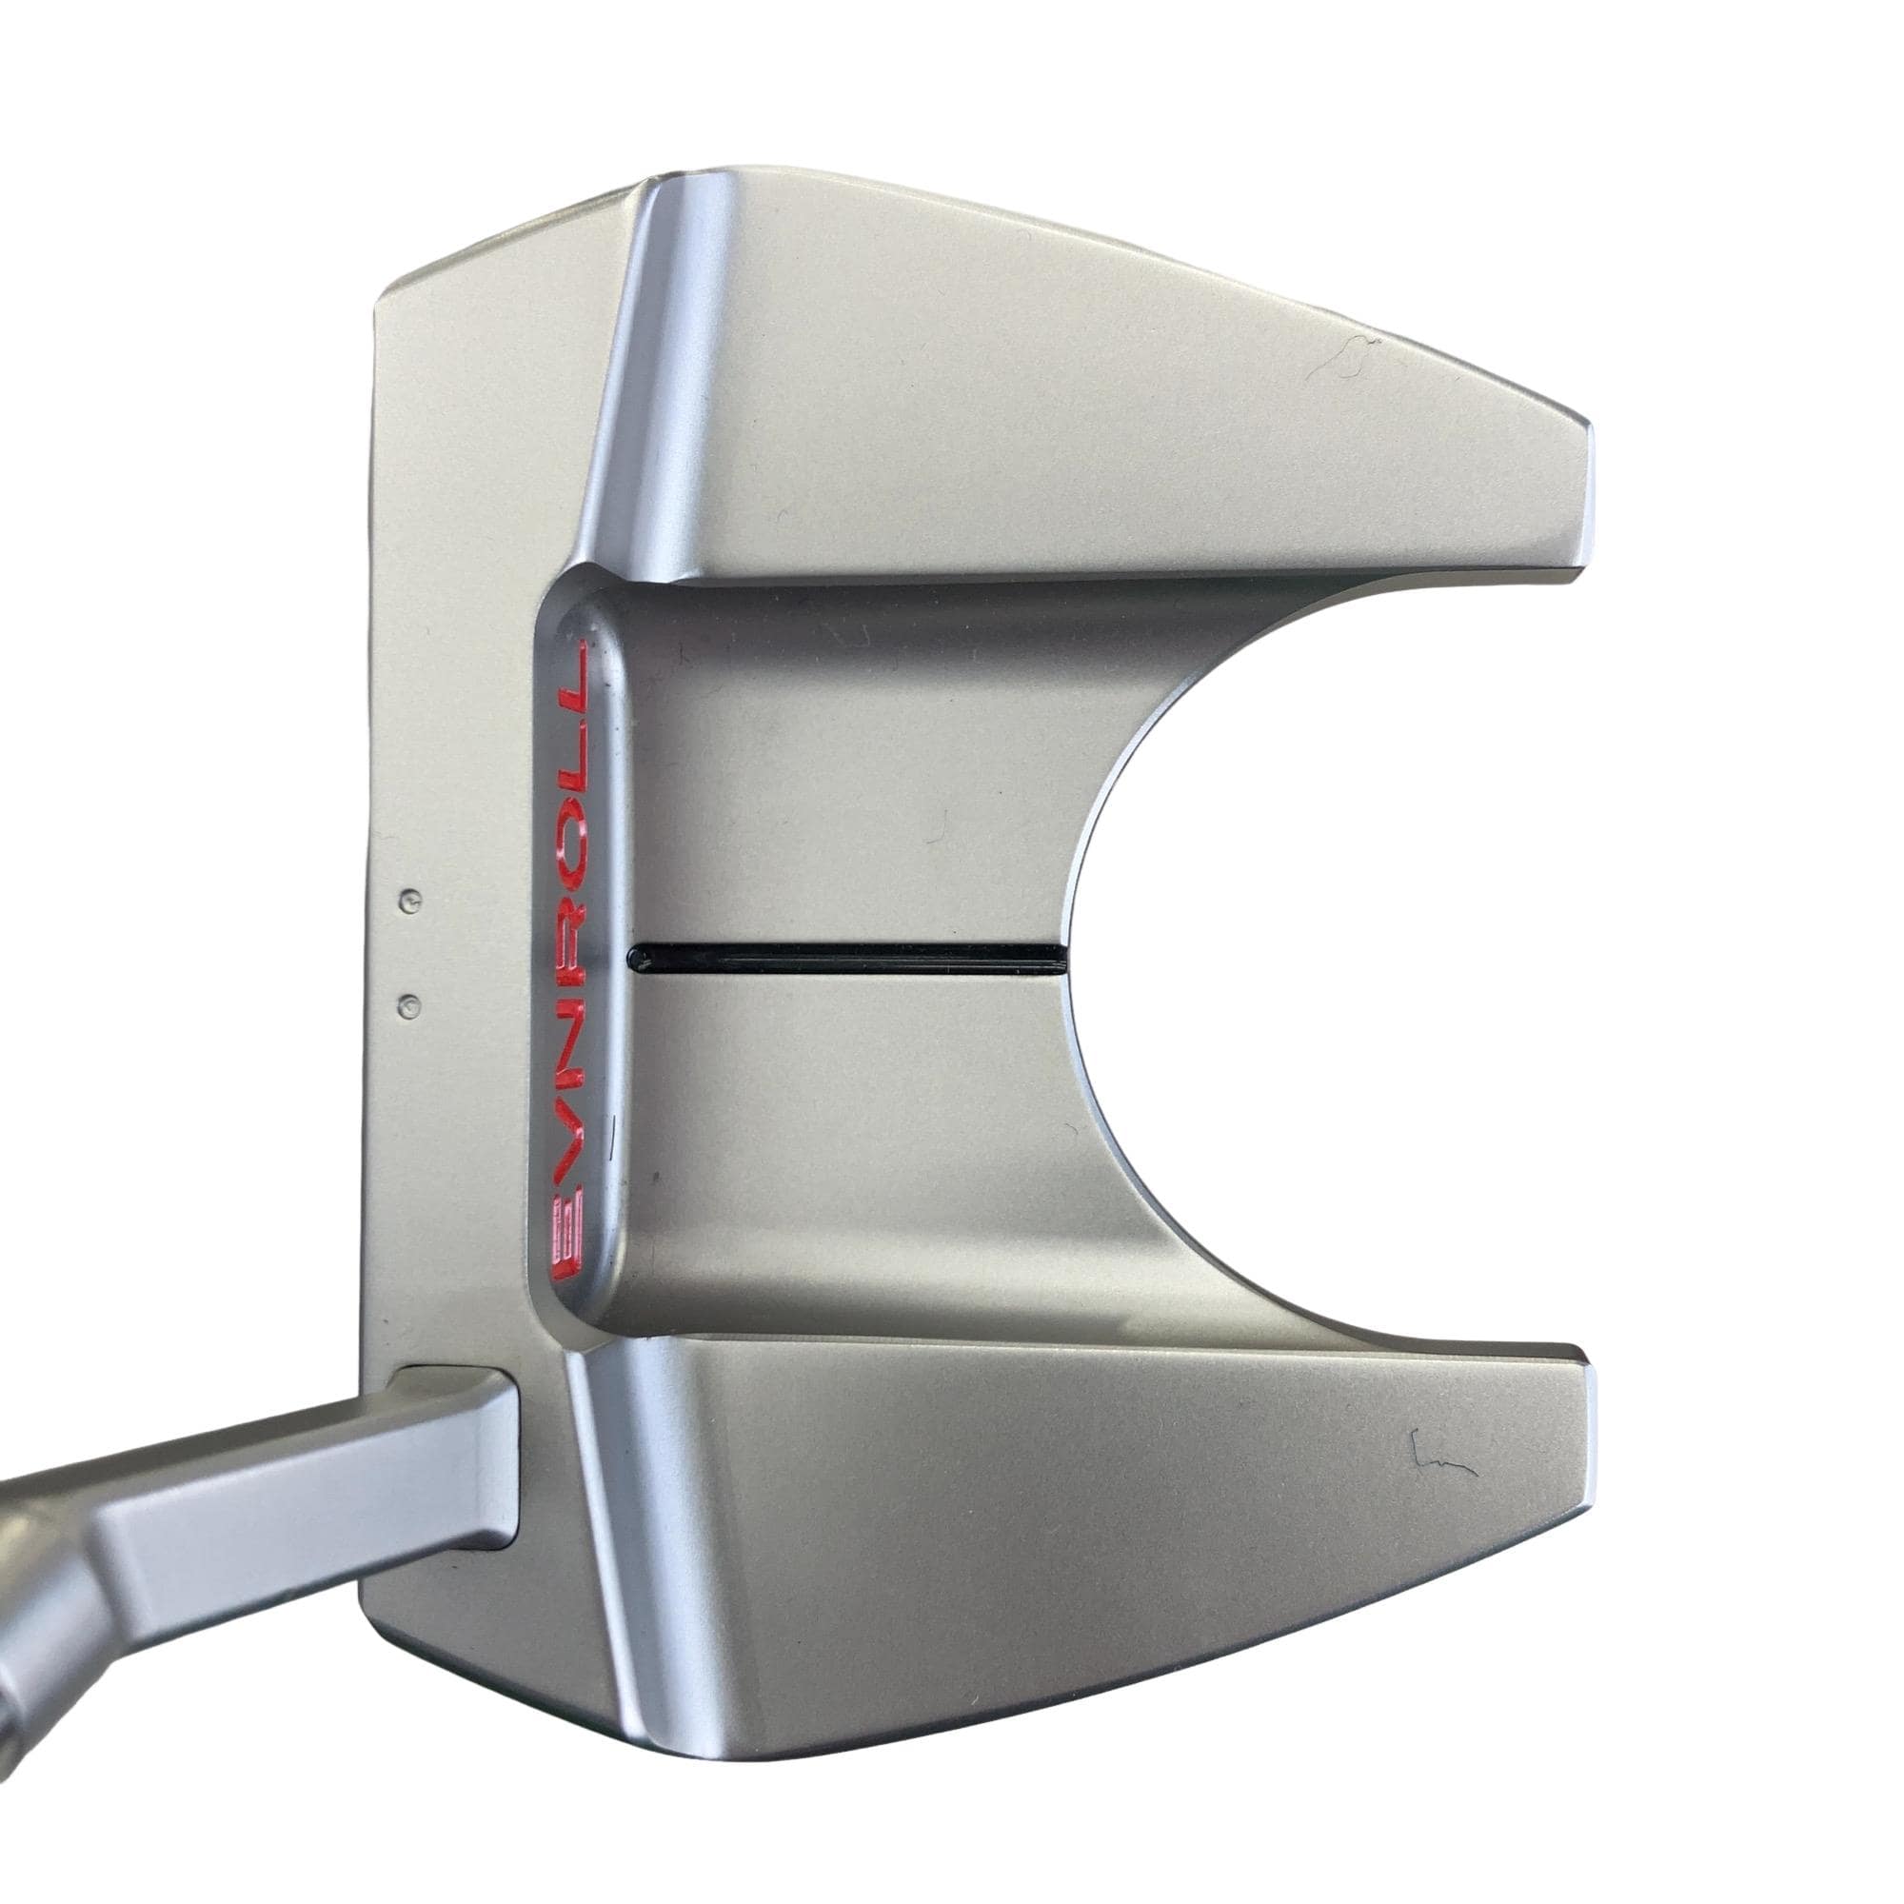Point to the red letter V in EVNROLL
pos(571,1144)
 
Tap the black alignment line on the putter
pos(846,956)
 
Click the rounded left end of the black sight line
pos(635,957)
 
